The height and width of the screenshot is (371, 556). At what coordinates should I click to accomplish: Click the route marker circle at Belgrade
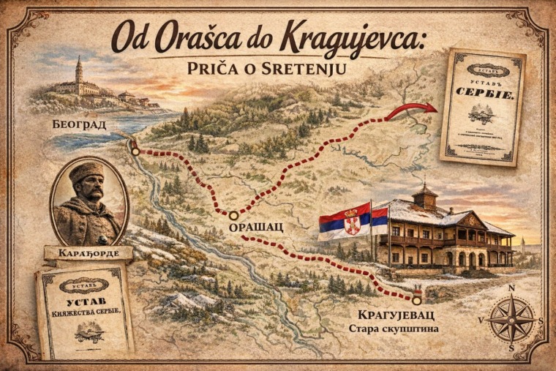135,151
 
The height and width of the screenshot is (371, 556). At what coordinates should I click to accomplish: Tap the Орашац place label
256,229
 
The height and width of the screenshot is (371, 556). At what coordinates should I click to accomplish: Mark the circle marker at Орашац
233,215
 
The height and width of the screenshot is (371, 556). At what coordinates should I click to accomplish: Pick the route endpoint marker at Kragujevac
416,299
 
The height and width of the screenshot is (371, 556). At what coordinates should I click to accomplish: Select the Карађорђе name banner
88,255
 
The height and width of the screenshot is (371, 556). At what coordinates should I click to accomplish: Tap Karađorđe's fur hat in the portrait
86,174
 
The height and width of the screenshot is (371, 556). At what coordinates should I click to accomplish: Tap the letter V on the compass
481,321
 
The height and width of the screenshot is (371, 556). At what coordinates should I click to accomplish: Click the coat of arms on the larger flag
353,222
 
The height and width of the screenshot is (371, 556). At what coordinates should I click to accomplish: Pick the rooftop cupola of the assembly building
424,195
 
